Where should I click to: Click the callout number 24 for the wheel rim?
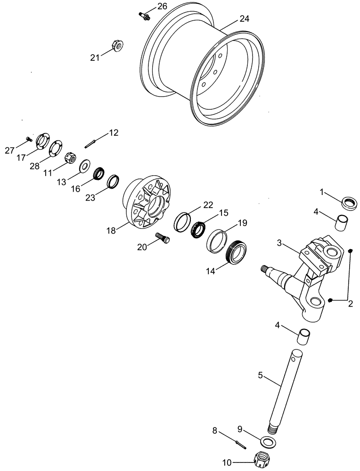(x=244, y=19)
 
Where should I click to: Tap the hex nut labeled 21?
(x=117, y=46)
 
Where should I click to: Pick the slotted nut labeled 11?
(x=71, y=156)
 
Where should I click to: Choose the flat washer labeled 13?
(x=86, y=165)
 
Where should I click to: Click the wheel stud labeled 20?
(x=163, y=238)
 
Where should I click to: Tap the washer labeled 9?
(x=267, y=441)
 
